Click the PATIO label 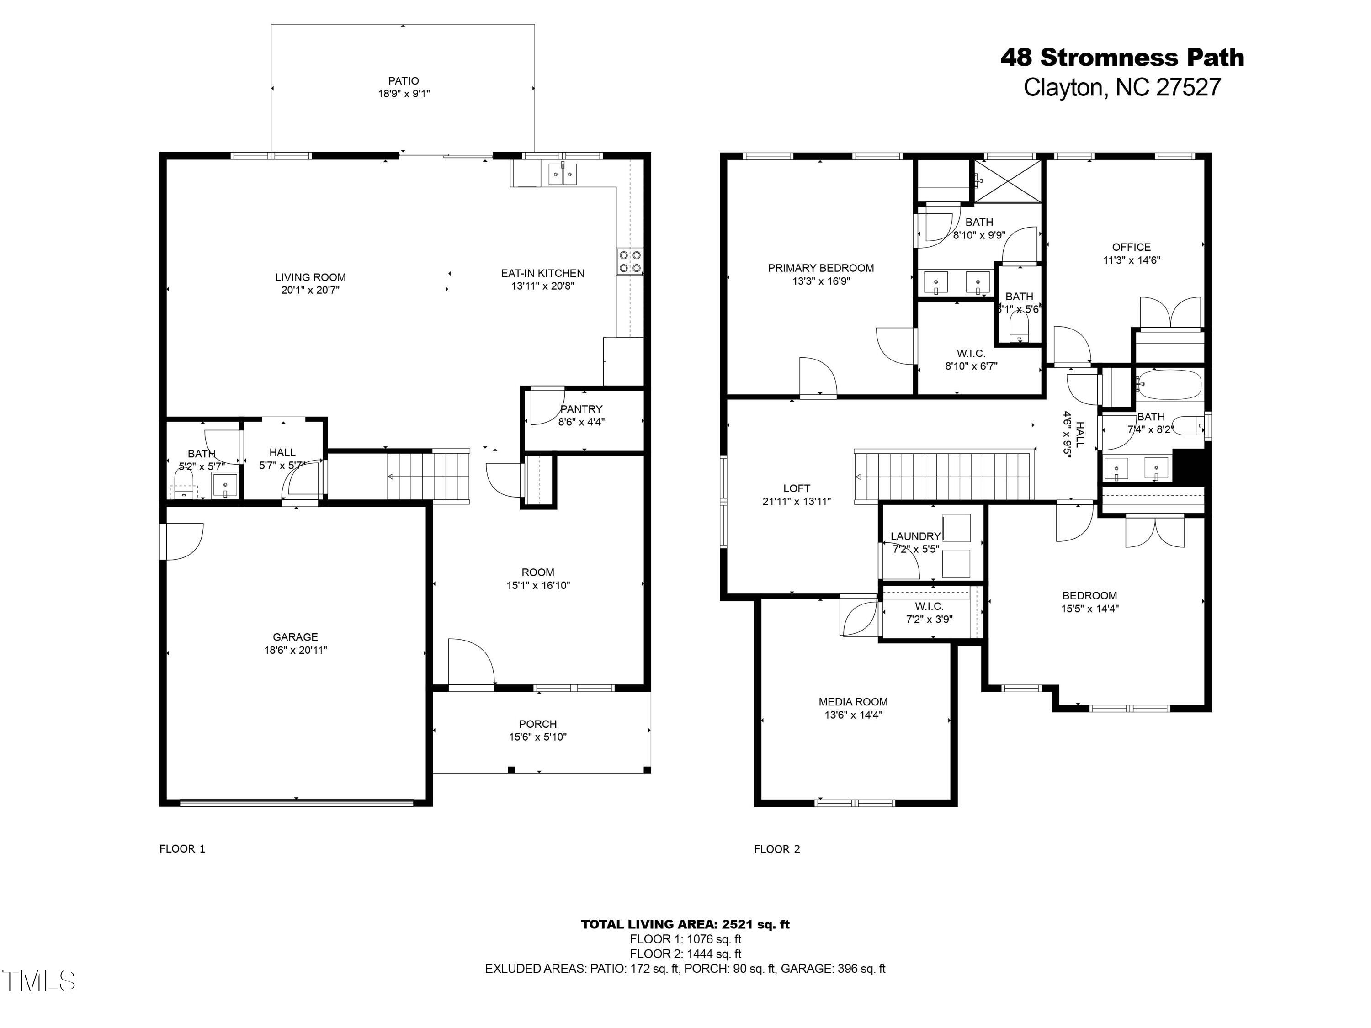click(404, 80)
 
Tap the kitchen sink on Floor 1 click(563, 174)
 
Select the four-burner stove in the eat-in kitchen click(630, 261)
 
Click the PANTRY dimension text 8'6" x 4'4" click(581, 422)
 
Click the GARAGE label click(295, 637)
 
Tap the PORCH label click(537, 724)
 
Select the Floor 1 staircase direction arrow click(392, 477)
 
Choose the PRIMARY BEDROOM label click(821, 268)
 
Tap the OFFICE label click(1131, 247)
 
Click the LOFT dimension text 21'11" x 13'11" click(797, 501)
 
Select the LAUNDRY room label click(915, 536)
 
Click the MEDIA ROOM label click(853, 701)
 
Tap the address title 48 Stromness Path click(1122, 58)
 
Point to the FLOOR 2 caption click(776, 849)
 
